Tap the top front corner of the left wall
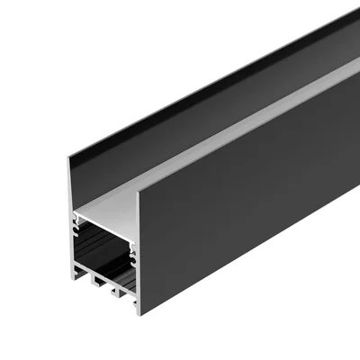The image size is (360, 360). (67, 159)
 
